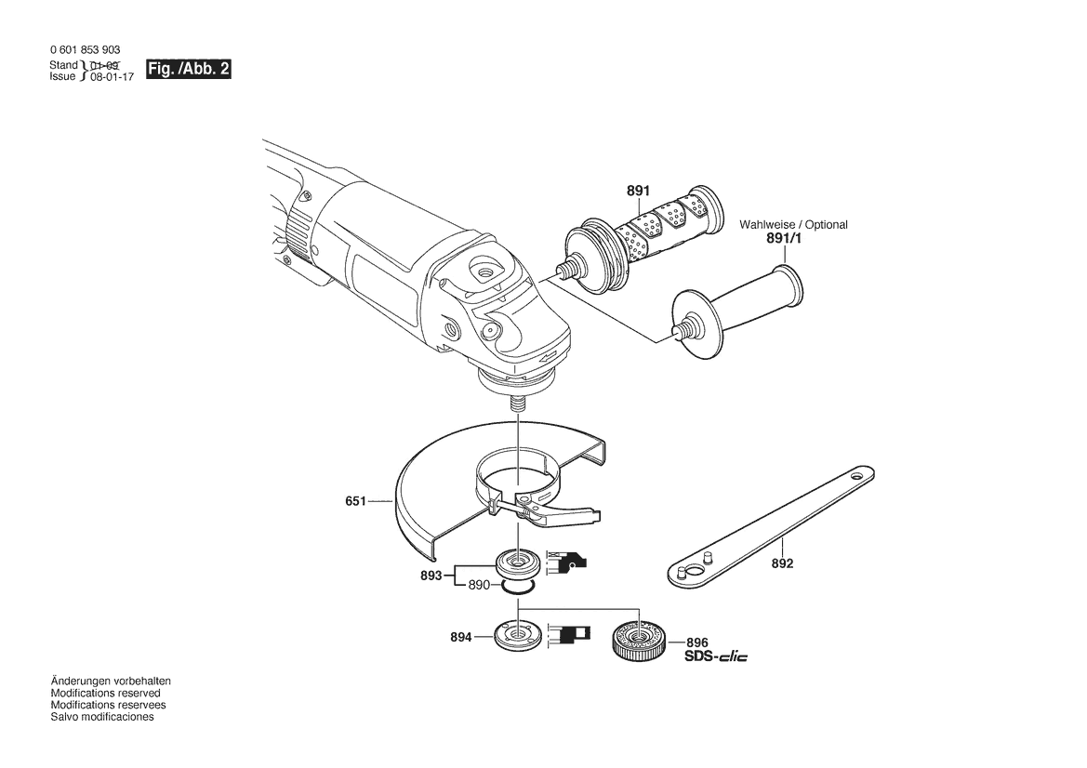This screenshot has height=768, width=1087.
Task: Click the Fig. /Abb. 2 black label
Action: (x=188, y=70)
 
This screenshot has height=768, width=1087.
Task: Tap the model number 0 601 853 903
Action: (x=84, y=50)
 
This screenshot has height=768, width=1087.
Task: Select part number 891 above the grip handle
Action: (x=637, y=191)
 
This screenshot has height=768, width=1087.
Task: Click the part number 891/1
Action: (x=783, y=239)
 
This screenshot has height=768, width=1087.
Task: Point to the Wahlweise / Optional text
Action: (x=793, y=225)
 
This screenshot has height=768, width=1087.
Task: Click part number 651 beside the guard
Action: (x=355, y=500)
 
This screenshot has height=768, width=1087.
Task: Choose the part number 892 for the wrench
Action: (x=782, y=563)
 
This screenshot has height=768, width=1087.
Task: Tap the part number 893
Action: (x=431, y=576)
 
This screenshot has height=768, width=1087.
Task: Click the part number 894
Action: (x=459, y=637)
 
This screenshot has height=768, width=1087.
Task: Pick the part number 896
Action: (x=697, y=642)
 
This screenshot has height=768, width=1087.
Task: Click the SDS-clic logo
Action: (x=715, y=656)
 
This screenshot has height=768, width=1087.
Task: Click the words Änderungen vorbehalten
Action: (x=111, y=682)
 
